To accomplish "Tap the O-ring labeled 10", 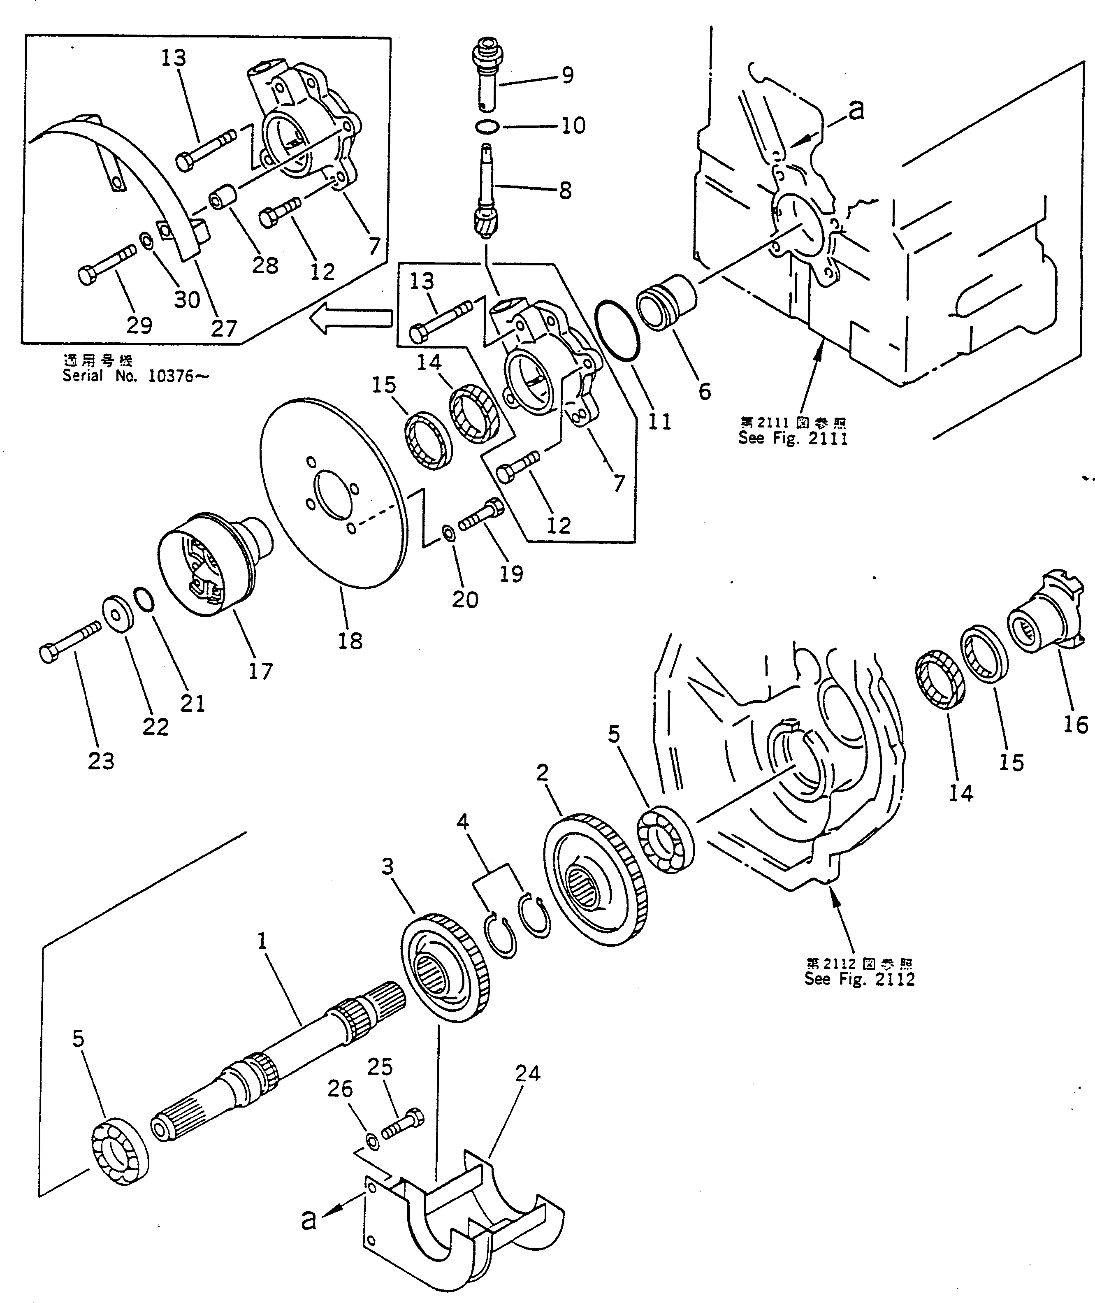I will (488, 127).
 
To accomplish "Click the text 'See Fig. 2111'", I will (793, 438).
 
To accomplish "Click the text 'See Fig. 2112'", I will (860, 979).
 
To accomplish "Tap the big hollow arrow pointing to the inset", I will (352, 319).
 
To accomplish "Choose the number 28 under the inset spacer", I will (265, 265).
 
